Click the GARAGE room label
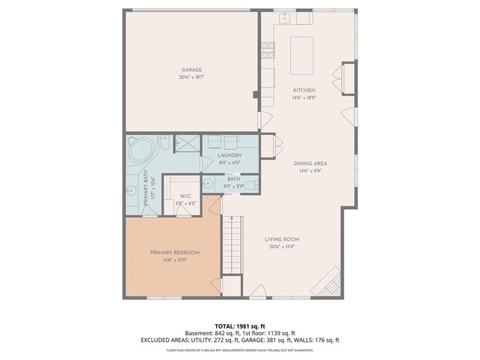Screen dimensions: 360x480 click(191, 70)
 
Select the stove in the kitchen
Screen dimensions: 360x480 click(267, 49)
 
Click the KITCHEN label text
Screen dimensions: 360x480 click(304, 90)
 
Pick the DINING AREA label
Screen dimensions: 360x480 click(313, 163)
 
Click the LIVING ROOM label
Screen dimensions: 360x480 click(282, 239)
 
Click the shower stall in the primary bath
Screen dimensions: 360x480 click(187, 143)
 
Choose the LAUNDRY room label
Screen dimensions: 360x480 click(229, 155)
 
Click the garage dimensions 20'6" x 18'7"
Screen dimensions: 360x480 click(191, 76)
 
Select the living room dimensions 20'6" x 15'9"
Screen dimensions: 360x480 click(282, 246)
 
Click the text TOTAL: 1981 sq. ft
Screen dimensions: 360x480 click(240, 326)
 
